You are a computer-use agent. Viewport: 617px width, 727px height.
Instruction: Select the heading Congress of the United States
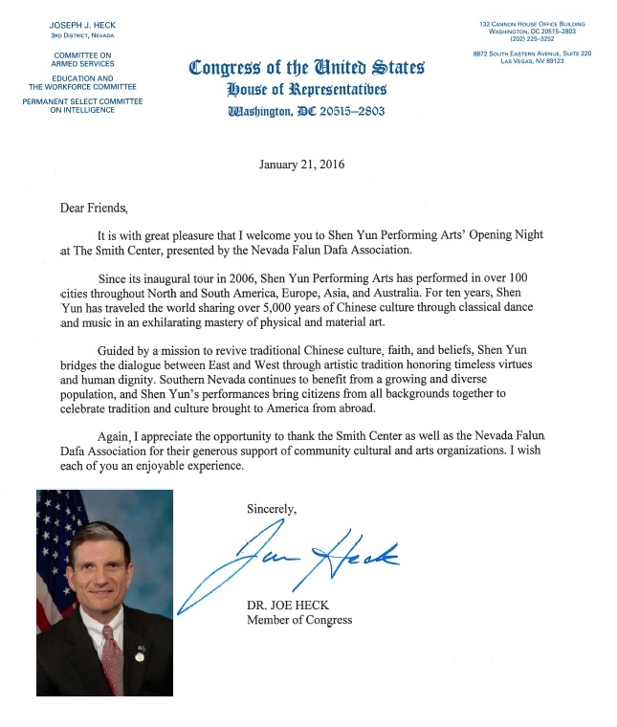pos(306,69)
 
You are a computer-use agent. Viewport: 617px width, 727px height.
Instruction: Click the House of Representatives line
pos(306,90)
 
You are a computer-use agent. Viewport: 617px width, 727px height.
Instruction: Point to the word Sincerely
pos(273,509)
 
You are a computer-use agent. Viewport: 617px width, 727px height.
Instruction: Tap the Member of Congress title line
pos(299,620)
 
